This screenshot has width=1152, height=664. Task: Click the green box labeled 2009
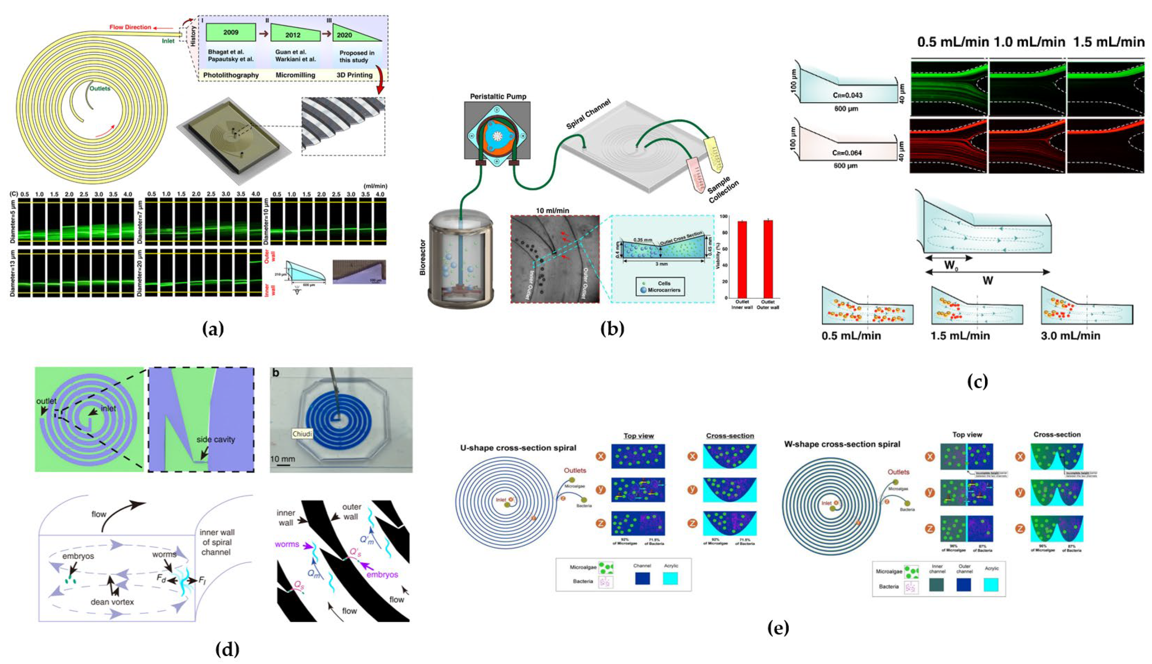click(231, 32)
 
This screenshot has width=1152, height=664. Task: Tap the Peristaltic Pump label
click(498, 96)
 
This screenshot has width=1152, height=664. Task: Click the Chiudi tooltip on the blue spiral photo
click(302, 433)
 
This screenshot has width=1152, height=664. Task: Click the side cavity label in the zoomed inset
click(216, 439)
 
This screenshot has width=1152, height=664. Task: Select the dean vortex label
click(112, 602)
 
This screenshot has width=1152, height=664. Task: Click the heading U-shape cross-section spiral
click(518, 448)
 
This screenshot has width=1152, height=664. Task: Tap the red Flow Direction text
click(130, 27)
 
